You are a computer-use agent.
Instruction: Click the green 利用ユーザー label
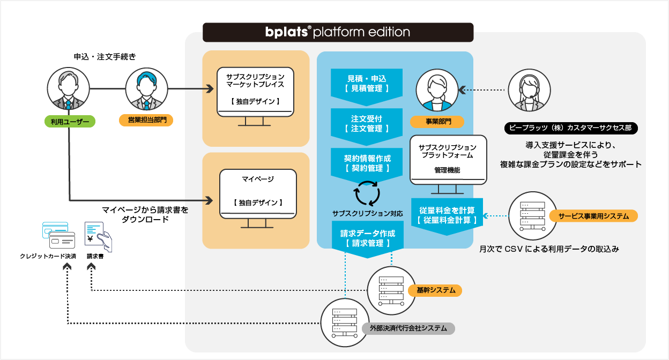click(x=70, y=122)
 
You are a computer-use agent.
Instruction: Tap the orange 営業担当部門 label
click(x=146, y=120)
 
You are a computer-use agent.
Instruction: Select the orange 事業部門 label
click(x=437, y=122)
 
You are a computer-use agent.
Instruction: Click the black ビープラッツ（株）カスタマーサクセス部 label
click(x=571, y=128)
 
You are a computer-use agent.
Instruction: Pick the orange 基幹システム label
click(x=435, y=290)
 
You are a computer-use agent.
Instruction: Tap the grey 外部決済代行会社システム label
click(x=408, y=328)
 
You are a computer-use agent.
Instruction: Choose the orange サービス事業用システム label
click(x=593, y=216)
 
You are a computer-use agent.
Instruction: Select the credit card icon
click(x=59, y=235)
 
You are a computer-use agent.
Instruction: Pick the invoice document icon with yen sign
click(x=98, y=237)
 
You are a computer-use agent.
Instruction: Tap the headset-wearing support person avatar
click(x=529, y=90)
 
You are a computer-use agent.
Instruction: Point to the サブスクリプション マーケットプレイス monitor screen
click(x=255, y=92)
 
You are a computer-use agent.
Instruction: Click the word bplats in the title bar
click(x=286, y=32)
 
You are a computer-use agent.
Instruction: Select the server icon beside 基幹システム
click(x=391, y=290)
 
